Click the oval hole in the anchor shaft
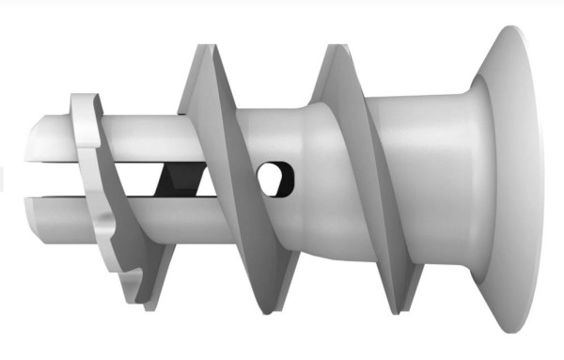pos(274,178)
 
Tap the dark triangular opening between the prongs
pos(179,178)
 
